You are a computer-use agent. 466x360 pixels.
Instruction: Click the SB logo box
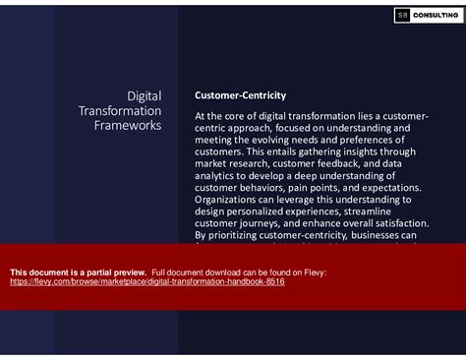point(401,15)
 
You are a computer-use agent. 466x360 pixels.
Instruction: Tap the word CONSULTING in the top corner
point(434,15)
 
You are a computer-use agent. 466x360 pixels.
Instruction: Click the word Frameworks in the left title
point(128,126)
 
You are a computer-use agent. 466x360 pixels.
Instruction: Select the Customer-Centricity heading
point(241,95)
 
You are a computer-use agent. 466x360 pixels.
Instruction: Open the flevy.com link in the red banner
point(147,280)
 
